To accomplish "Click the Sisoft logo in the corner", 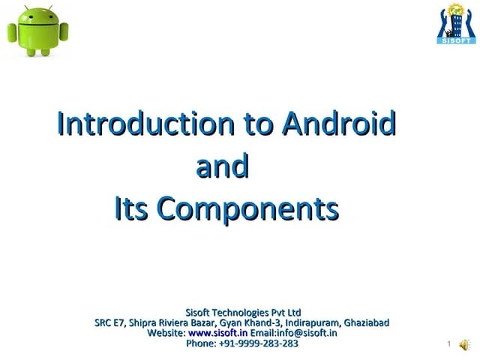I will pos(456,24).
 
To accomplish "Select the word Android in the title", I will pos(338,124).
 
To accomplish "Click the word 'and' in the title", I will pos(222,166).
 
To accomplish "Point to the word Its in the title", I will pos(131,209).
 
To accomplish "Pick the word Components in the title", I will pos(247,209).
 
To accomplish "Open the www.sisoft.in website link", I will pos(217,333).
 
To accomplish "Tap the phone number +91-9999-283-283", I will pos(258,343).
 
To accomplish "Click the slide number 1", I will pos(447,345).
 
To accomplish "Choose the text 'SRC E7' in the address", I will pos(109,322).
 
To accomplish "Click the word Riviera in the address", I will pos(174,322).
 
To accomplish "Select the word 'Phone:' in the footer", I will pos(200,343).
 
